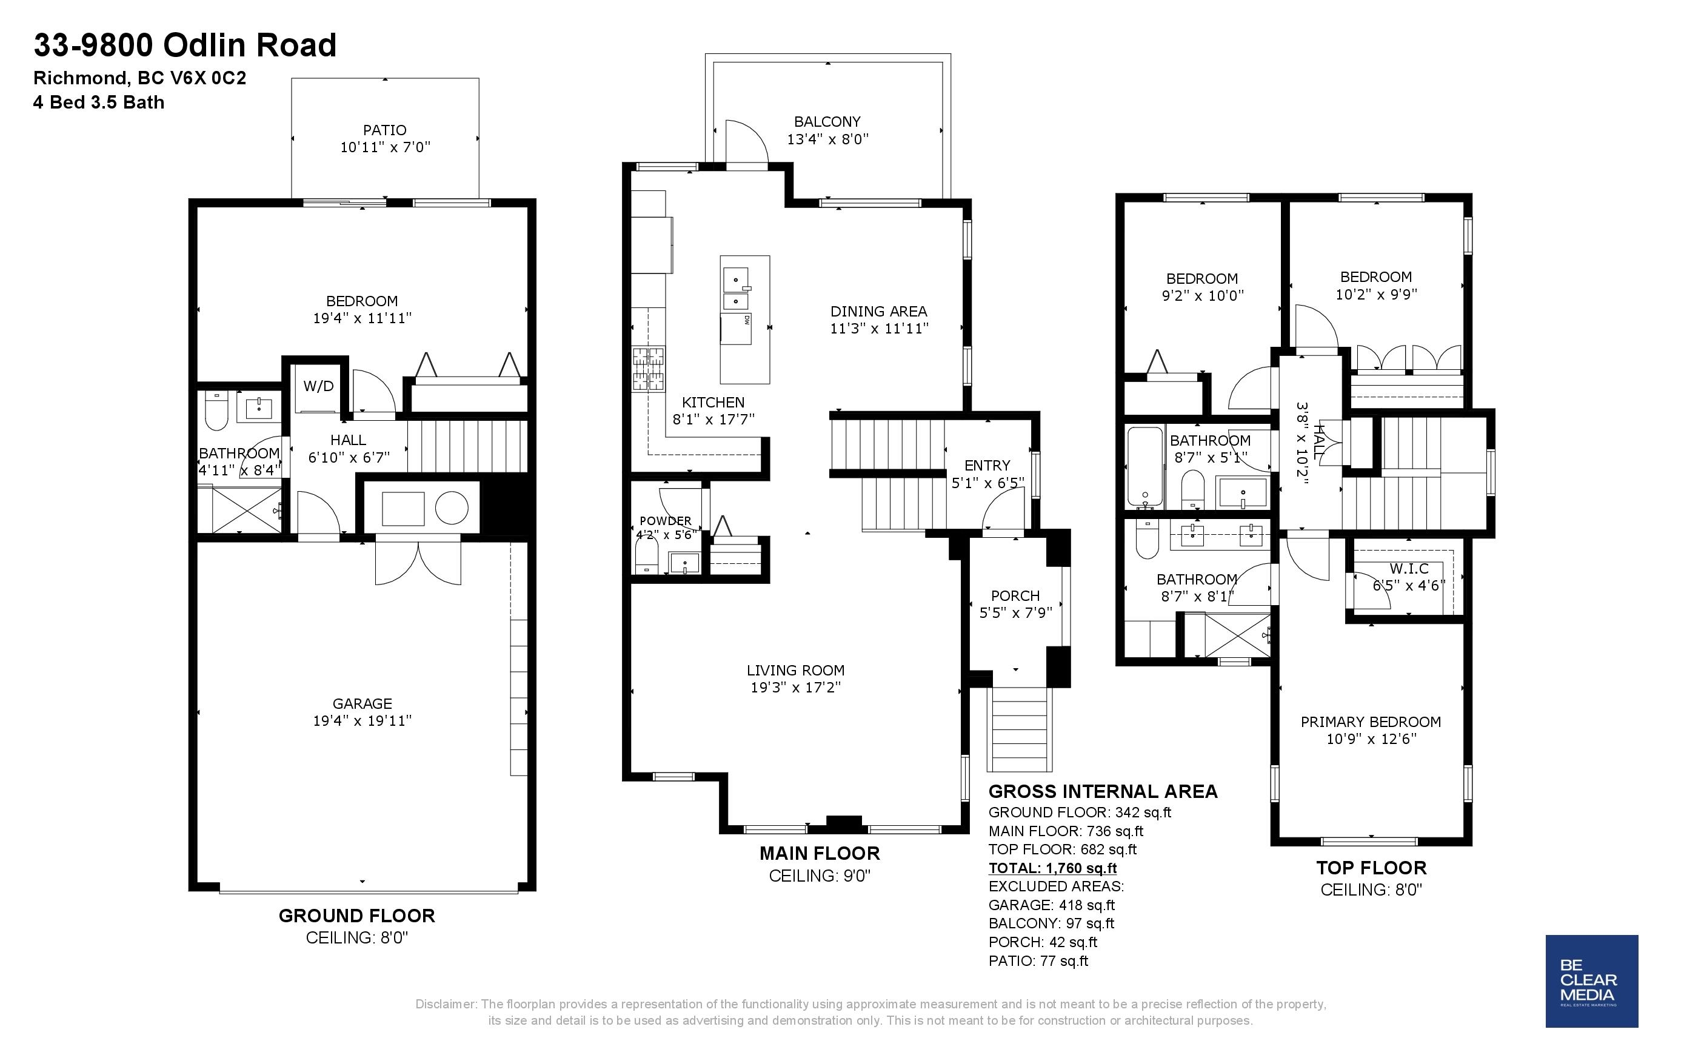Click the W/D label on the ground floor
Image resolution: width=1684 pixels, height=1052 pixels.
(x=319, y=386)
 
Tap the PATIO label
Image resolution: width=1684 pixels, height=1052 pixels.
(x=385, y=130)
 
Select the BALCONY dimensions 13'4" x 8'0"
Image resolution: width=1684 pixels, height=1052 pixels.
(x=827, y=139)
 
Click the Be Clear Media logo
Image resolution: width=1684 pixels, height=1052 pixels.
(x=1591, y=981)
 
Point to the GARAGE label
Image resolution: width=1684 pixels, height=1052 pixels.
(x=363, y=703)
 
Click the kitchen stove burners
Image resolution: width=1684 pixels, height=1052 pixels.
(x=647, y=369)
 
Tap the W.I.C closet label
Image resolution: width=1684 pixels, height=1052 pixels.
(x=1409, y=568)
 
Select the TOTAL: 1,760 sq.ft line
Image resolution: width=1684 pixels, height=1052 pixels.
(x=1052, y=868)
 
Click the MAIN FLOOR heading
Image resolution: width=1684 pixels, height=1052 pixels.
(x=820, y=853)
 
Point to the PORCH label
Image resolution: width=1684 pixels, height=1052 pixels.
(x=1015, y=595)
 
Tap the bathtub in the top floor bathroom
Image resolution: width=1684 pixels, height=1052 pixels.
(x=1144, y=467)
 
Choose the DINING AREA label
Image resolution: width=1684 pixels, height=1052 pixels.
(x=878, y=311)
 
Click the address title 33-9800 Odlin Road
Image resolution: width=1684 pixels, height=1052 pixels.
(x=185, y=46)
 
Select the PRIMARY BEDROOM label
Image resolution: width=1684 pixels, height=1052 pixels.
(x=1370, y=722)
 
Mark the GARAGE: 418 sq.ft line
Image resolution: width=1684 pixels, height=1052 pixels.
(x=1051, y=905)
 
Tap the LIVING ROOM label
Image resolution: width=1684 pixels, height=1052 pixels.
(x=796, y=670)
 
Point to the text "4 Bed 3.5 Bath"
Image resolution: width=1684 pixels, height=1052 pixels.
(x=99, y=102)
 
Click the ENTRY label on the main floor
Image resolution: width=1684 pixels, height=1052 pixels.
(x=987, y=466)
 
